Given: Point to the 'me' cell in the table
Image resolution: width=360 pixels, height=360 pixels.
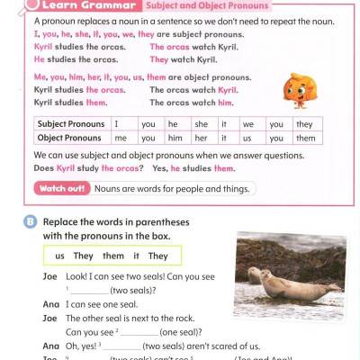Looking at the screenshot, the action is click(x=121, y=138).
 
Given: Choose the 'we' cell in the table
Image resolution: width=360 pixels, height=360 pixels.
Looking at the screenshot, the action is click(x=248, y=124).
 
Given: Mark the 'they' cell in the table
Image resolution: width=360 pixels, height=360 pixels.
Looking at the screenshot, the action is click(x=304, y=124).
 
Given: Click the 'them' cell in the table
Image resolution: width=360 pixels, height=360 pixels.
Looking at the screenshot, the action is click(x=306, y=138).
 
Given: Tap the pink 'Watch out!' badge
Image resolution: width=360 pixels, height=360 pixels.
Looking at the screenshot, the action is click(x=61, y=189).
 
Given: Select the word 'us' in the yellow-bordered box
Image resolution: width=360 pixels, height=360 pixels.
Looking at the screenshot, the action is click(x=60, y=256).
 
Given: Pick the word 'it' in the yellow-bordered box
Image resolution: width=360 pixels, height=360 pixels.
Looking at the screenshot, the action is click(x=134, y=256).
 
